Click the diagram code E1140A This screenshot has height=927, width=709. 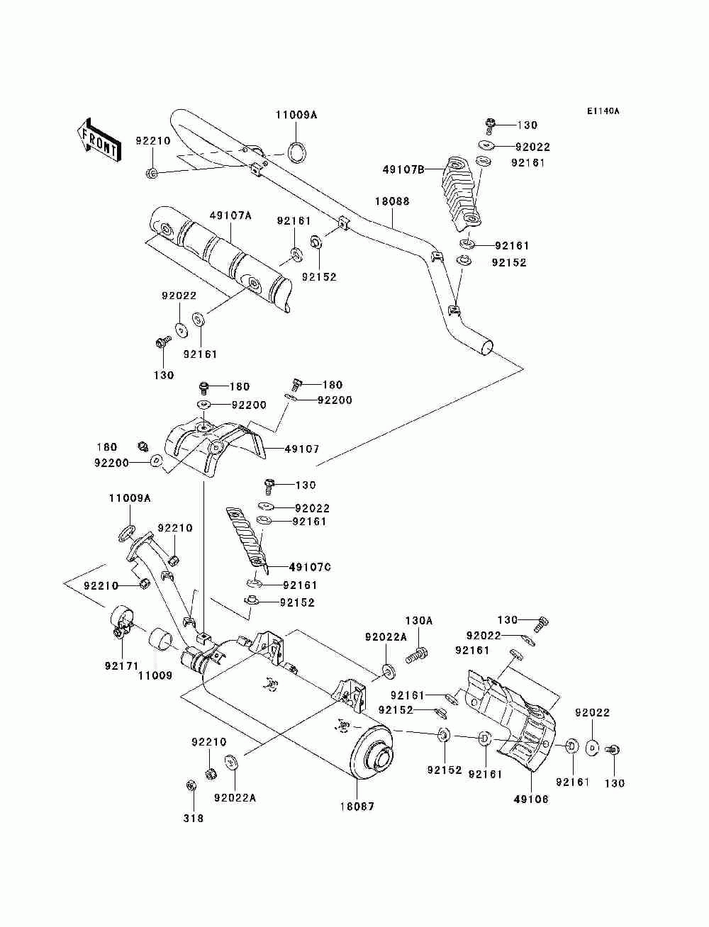pyautogui.click(x=603, y=111)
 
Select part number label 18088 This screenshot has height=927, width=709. pyautogui.click(x=392, y=201)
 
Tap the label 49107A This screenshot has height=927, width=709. pyautogui.click(x=230, y=216)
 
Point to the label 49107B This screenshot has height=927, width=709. pyautogui.click(x=403, y=170)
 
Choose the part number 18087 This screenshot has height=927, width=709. pyautogui.click(x=357, y=807)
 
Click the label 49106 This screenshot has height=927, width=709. pyautogui.click(x=531, y=799)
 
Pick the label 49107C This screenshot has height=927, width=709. pyautogui.click(x=310, y=567)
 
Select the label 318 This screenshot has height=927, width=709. pyautogui.click(x=193, y=818)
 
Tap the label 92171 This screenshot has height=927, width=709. pyautogui.click(x=122, y=666)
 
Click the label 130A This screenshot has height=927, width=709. pyautogui.click(x=419, y=621)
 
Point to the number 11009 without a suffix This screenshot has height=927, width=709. pyautogui.click(x=155, y=675)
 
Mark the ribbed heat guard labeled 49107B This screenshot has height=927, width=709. pyautogui.click(x=462, y=193)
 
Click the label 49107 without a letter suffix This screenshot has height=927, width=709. pyautogui.click(x=302, y=449)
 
